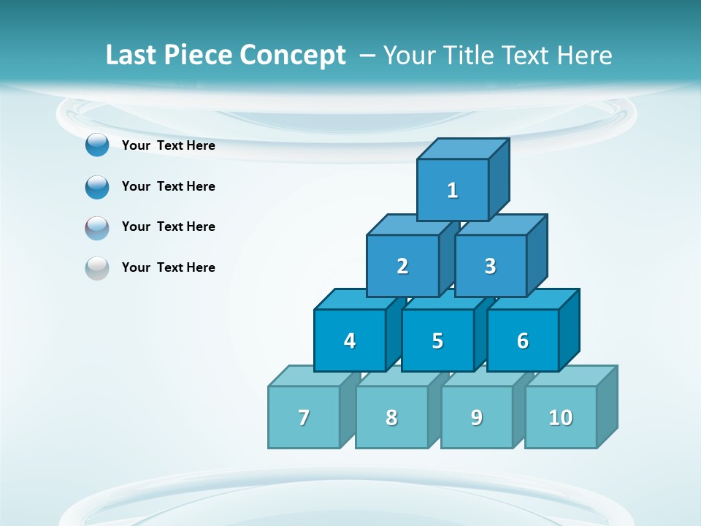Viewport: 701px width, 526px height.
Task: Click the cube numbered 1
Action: (453, 190)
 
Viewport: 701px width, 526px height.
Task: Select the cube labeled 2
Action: (402, 266)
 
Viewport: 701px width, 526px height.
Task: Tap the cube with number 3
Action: (490, 266)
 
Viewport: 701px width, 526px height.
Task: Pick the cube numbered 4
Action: (350, 340)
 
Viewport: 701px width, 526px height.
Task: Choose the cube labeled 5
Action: (437, 340)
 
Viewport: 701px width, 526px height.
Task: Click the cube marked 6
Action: (523, 340)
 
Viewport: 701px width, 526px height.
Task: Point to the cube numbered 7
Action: (304, 417)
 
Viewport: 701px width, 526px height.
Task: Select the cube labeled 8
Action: (391, 417)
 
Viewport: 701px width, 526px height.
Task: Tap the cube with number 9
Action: (476, 417)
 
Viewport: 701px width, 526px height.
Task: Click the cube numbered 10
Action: (561, 417)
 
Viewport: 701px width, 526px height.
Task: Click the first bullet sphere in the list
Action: (97, 145)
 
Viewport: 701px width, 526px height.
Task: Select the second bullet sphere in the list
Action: (97, 186)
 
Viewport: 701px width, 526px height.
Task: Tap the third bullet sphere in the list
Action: (97, 227)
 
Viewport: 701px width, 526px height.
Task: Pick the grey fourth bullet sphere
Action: (97, 268)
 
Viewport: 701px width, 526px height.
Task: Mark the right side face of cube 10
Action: (607, 406)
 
